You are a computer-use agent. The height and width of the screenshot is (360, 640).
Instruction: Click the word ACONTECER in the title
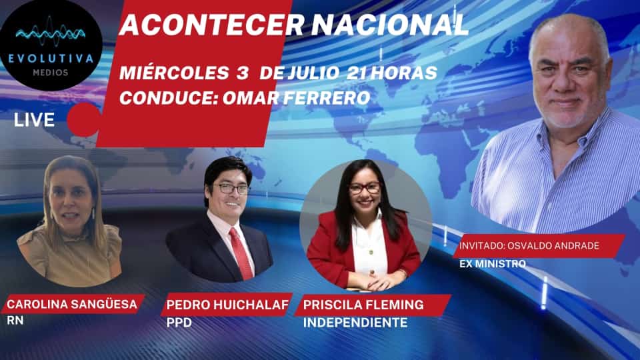[x=212, y=25]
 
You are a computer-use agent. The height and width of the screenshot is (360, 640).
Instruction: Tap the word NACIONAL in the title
[x=390, y=25]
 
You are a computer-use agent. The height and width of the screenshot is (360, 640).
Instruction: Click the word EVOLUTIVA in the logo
[x=51, y=59]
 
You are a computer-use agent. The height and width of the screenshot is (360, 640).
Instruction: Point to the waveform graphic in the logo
[x=51, y=33]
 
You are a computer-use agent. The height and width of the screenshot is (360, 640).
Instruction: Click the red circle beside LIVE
[x=84, y=119]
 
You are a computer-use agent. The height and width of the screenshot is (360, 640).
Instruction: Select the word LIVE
[x=34, y=120]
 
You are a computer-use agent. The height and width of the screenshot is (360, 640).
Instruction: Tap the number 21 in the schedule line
[x=356, y=73]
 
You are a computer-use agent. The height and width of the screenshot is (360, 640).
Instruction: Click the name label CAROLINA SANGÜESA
[x=72, y=304]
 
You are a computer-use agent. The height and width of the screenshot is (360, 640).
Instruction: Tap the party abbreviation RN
[x=15, y=321]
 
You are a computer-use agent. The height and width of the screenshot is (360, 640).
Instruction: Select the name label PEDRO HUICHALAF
[x=227, y=305]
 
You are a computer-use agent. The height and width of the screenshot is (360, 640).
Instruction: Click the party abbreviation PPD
[x=179, y=323]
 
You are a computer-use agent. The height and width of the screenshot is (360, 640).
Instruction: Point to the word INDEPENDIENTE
[x=355, y=323]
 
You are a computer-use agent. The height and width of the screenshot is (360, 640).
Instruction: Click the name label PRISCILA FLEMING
[x=363, y=305]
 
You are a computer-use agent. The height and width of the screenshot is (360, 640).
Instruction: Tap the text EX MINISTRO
[x=493, y=264]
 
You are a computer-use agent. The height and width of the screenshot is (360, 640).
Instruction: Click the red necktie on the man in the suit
[x=241, y=253]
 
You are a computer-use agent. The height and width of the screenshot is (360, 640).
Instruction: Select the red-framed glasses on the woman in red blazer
[x=365, y=188]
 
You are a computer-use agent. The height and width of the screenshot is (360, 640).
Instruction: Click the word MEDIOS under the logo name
[x=51, y=73]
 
